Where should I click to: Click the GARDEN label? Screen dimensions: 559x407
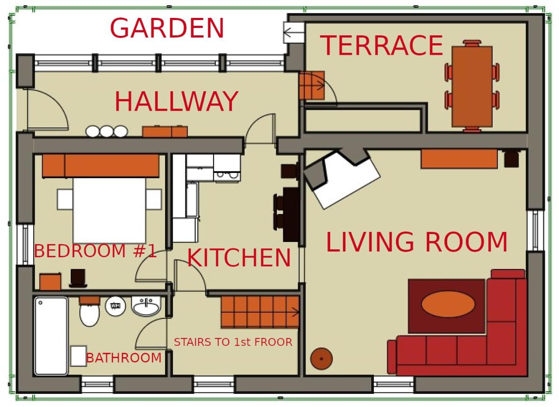point(167,28)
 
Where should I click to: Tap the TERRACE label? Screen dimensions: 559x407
point(382,45)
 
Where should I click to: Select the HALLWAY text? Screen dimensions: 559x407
point(176,101)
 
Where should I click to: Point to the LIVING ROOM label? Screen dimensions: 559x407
point(417,242)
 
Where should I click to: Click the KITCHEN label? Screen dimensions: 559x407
point(239,258)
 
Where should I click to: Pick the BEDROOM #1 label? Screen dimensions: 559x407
point(96,251)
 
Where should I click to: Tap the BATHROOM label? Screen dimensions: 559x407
point(124,358)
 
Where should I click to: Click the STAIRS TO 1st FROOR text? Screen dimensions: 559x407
point(233,342)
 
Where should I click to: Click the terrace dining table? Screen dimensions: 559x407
point(472,86)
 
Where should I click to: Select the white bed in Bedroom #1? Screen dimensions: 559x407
point(109,210)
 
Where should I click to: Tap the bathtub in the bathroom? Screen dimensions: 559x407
point(51,336)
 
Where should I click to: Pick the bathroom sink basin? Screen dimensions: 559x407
point(146,306)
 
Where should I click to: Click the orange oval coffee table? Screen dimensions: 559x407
point(449,304)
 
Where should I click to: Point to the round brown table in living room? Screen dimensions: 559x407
point(321,359)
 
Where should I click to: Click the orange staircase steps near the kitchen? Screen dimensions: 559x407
point(260,312)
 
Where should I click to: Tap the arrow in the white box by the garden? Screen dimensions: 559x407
point(287,32)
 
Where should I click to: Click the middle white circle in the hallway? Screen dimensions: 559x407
point(107,131)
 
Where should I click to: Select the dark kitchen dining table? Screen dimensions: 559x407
point(291,214)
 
